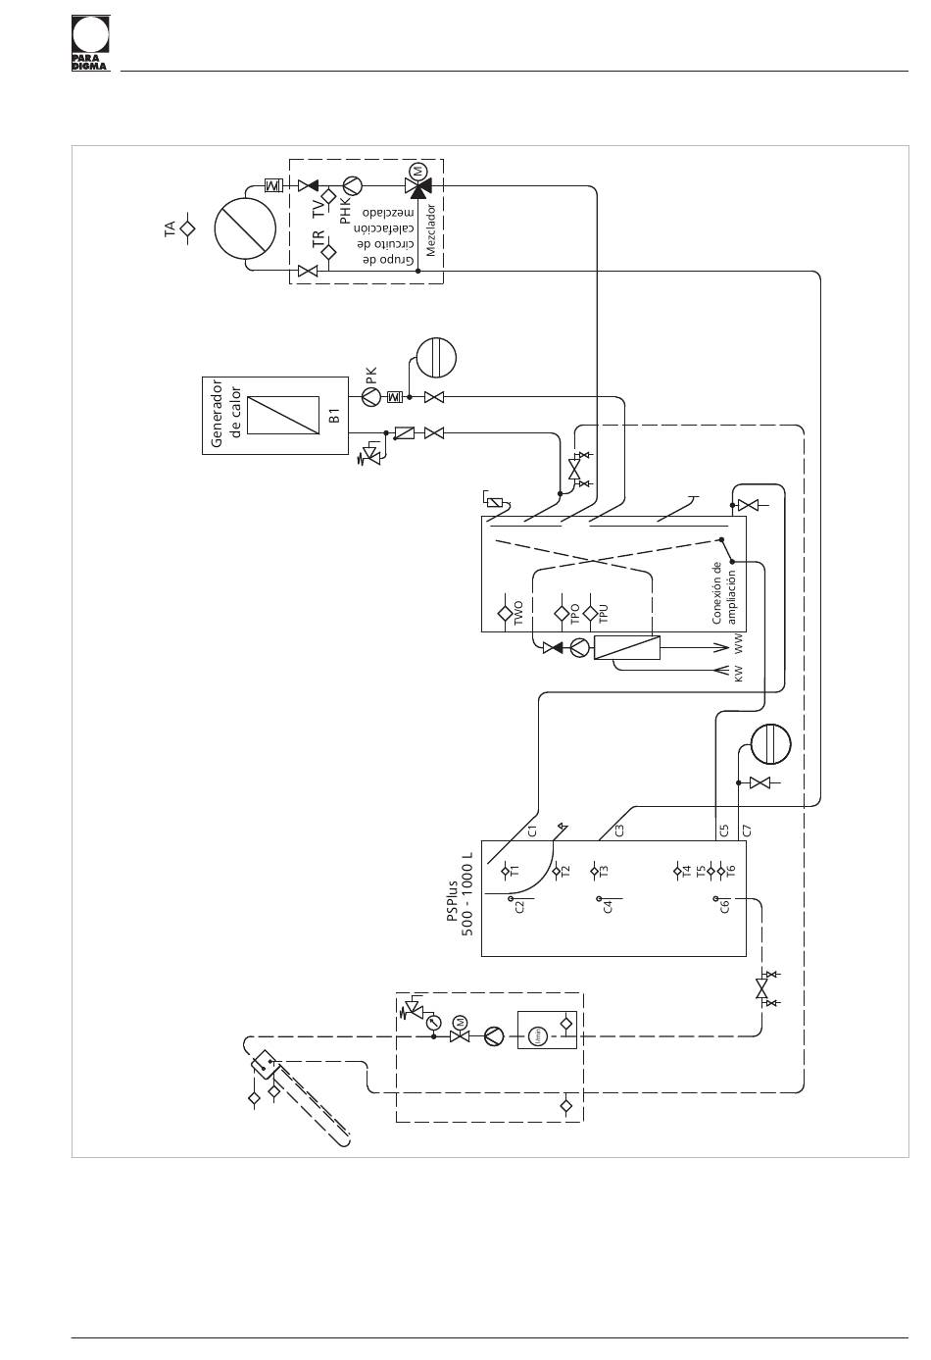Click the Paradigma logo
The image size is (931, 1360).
pyautogui.click(x=90, y=42)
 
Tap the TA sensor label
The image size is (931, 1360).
pyautogui.click(x=170, y=228)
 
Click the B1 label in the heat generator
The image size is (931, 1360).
pyautogui.click(x=333, y=417)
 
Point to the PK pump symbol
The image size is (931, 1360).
pyautogui.click(x=370, y=397)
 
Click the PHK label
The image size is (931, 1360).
pyautogui.click(x=345, y=210)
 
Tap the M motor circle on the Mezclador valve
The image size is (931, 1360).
pyautogui.click(x=418, y=170)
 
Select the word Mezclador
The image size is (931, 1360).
pyautogui.click(x=430, y=230)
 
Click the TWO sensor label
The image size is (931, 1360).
pyautogui.click(x=518, y=612)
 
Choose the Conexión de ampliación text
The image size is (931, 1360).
pyautogui.click(x=723, y=592)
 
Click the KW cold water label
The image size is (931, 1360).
pyautogui.click(x=739, y=673)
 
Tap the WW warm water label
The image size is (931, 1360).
pyautogui.click(x=739, y=644)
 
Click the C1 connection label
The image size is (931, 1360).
pyautogui.click(x=533, y=831)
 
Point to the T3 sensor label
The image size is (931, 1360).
pyautogui.click(x=604, y=870)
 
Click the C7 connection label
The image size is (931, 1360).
pyautogui.click(x=747, y=830)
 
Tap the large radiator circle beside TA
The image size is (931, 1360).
pyautogui.click(x=244, y=227)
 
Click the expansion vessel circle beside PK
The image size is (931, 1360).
pyautogui.click(x=436, y=358)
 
